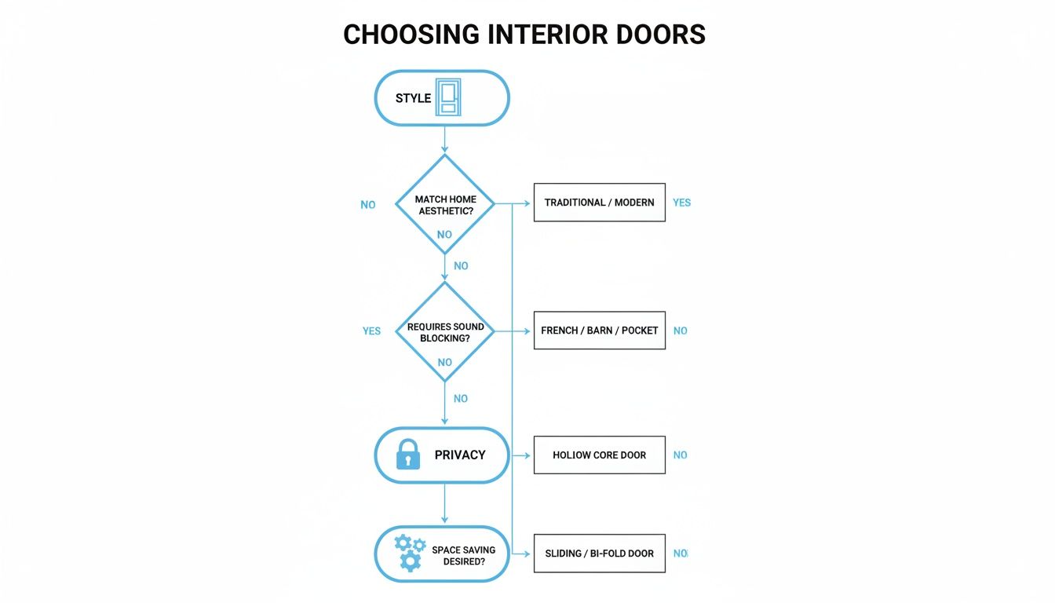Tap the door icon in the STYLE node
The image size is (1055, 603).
point(448,98)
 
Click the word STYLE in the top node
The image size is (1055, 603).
point(414,98)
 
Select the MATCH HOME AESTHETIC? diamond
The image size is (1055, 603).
point(445,204)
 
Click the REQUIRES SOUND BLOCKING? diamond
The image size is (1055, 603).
point(445,331)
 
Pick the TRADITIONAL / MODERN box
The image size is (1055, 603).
point(599,203)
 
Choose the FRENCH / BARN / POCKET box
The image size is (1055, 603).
point(599,331)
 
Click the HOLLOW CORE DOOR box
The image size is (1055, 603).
point(599,455)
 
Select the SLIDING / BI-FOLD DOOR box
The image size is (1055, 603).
point(599,554)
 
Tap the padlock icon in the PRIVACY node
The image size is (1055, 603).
point(408,455)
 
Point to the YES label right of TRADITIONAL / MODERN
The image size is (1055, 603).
point(681,203)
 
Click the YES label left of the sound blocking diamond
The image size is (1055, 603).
point(371,331)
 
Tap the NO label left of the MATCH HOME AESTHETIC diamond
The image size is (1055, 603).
point(368,205)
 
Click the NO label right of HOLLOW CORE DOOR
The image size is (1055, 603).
point(680,455)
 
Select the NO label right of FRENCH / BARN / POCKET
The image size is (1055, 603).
point(680,331)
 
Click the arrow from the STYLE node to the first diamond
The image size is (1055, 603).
point(445,140)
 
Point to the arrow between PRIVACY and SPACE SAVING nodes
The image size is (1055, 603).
point(445,504)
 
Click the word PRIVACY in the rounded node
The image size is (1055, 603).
point(460,455)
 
